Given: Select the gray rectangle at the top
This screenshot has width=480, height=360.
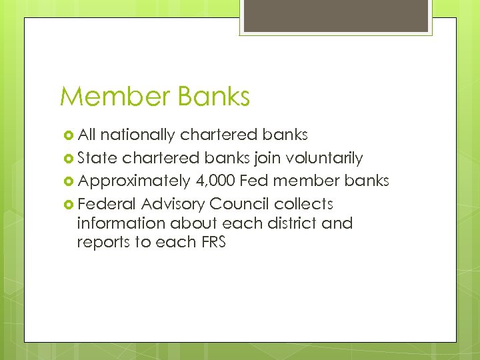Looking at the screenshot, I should coord(335,16).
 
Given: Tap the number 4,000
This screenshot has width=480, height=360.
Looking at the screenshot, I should coord(215,181).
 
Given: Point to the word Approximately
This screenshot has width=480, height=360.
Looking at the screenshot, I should coord(134,181).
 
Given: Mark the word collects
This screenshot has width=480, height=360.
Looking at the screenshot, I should coord(304,203).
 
